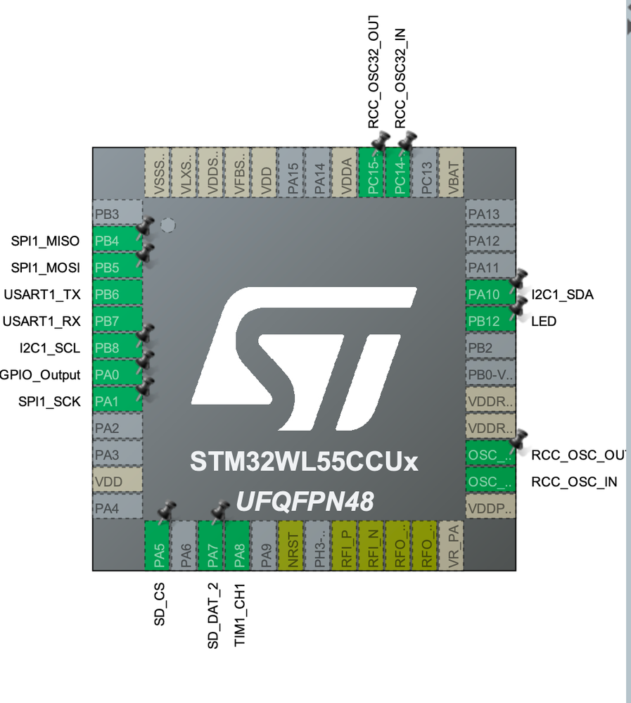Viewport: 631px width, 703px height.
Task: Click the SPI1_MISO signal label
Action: (45, 241)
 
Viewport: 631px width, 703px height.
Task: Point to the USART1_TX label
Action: (42, 294)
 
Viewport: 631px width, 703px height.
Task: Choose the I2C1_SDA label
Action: (562, 294)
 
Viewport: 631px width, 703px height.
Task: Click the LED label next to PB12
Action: (544, 321)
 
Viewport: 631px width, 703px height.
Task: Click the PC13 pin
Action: (426, 173)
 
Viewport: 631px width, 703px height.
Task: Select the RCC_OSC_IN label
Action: (574, 482)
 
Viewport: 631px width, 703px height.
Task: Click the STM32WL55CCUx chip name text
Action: (304, 462)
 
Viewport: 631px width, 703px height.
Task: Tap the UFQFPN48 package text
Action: (304, 501)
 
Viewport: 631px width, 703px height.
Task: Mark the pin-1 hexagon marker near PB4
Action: (167, 226)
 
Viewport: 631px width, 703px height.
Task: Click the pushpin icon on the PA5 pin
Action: (167, 510)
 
